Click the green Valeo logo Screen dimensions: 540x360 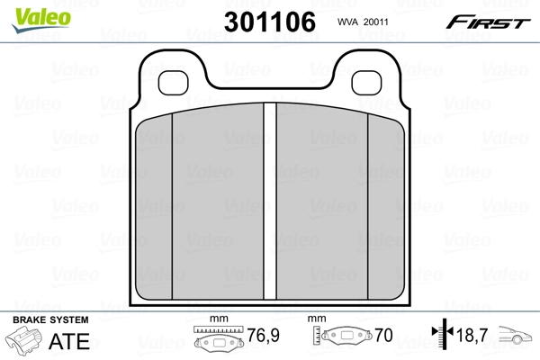[x=41, y=19]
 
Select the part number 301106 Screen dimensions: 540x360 [x=270, y=22]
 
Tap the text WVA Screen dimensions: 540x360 [x=348, y=22]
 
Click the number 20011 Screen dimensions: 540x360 [x=375, y=22]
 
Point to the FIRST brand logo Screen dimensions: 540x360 [x=488, y=22]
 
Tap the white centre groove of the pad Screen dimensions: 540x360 [x=270, y=201]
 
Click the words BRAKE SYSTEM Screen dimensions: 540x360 [x=50, y=320]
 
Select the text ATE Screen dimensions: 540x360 [x=69, y=341]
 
